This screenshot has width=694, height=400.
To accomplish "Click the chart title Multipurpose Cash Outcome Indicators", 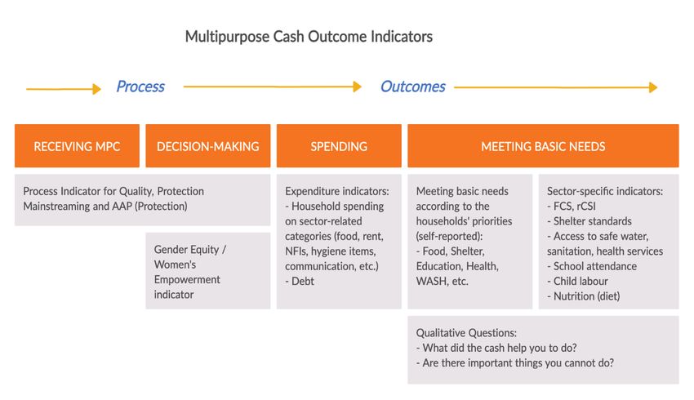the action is (309, 37).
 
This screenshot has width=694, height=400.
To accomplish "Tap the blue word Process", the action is (140, 87).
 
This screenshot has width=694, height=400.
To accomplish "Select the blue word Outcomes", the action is (413, 87).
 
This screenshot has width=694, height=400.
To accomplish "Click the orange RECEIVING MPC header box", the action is (77, 146).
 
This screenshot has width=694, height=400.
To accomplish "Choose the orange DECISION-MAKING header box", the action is (208, 146).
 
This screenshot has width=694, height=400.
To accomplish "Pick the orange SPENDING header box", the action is (339, 146).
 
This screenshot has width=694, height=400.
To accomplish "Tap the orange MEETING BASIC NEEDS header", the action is (543, 146).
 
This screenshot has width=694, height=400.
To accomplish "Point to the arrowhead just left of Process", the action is (97, 89).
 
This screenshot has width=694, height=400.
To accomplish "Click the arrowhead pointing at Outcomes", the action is (358, 87).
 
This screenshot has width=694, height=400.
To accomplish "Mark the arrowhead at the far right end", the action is (653, 87).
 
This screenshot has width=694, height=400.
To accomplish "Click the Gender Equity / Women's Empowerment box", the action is (208, 271).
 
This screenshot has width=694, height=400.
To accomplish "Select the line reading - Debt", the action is (300, 282).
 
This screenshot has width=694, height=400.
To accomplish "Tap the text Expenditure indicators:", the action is (337, 191).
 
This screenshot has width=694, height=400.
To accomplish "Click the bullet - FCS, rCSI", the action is (572, 207).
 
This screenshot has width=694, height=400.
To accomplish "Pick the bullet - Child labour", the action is (577, 282).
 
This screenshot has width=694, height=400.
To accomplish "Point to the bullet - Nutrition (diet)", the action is (583, 296).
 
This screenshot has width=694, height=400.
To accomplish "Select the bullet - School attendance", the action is (592, 266).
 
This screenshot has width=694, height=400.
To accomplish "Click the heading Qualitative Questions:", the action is (466, 333).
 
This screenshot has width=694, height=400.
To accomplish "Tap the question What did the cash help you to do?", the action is (496, 348).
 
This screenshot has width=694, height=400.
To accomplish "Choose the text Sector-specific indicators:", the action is (605, 191).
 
